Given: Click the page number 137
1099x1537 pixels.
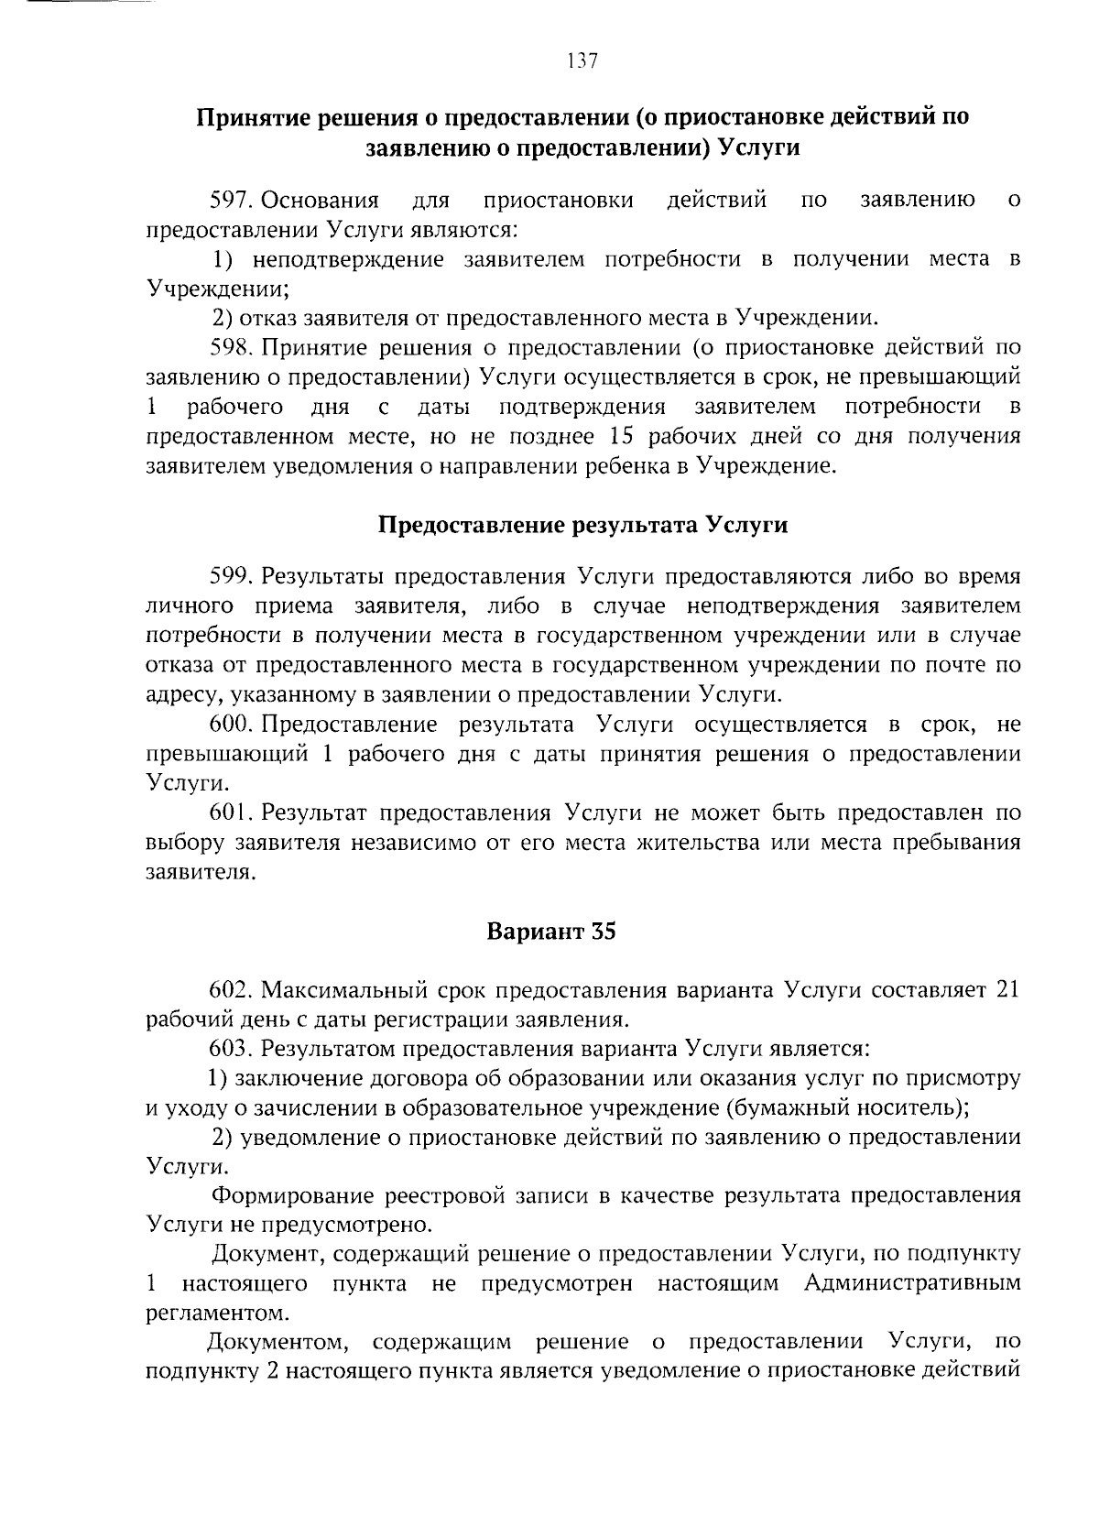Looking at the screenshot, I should tap(582, 61).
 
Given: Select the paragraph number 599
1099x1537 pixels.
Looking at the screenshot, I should tap(231, 576).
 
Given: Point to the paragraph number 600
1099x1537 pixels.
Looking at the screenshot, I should tap(231, 725).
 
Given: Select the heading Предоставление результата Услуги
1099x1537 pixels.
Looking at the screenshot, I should tap(583, 525).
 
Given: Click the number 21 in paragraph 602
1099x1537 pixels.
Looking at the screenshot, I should tap(1007, 990).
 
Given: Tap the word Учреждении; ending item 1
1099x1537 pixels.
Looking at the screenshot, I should tap(218, 289).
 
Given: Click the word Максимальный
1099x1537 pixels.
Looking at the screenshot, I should tap(345, 990).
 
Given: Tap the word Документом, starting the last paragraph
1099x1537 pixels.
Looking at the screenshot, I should tap(277, 1342).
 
